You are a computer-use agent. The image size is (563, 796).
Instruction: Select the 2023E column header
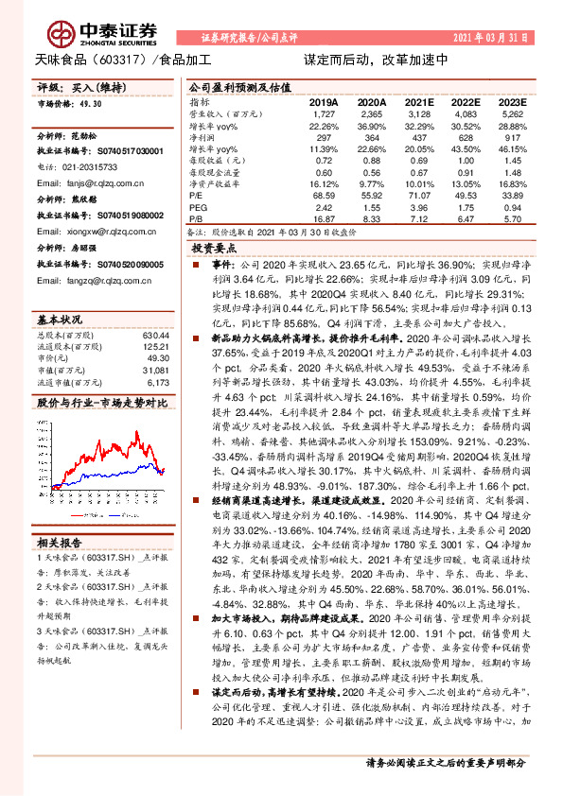tap(511, 101)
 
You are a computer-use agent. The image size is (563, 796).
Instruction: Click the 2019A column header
tap(325, 101)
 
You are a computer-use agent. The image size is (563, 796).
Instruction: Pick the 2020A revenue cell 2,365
tap(372, 112)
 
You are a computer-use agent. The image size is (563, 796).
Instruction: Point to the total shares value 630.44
tap(154, 335)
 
